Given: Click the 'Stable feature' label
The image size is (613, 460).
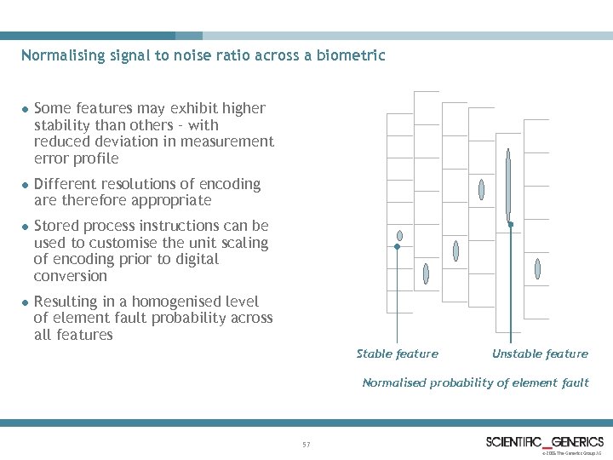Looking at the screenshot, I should (x=397, y=354).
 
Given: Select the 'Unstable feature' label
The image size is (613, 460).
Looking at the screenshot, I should (x=540, y=354).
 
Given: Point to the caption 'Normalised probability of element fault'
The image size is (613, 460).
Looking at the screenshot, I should (x=475, y=382).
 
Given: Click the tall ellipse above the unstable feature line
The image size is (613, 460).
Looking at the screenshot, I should (x=508, y=183).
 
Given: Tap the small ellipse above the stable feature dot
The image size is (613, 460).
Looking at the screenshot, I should (x=399, y=236).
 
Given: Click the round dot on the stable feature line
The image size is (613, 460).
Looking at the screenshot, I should (x=397, y=247).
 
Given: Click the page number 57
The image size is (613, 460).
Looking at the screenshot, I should (x=306, y=445).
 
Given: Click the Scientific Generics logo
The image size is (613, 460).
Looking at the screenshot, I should (x=544, y=441).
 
